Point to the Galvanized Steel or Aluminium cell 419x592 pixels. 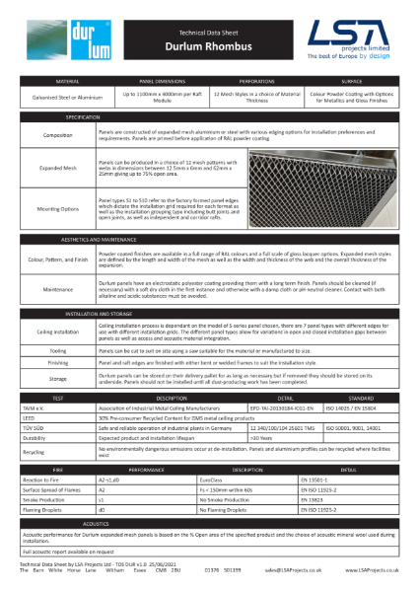pyautogui.click(x=67, y=100)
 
